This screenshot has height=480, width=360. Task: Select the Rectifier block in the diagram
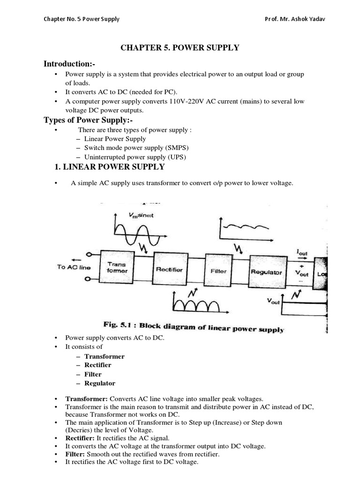170,269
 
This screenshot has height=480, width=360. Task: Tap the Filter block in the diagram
218,270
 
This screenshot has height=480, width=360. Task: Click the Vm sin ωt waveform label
141,215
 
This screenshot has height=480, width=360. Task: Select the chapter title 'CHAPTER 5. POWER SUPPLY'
180,47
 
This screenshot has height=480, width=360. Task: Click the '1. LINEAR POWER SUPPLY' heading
110,166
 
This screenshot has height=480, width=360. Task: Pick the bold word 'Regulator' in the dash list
100,383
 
